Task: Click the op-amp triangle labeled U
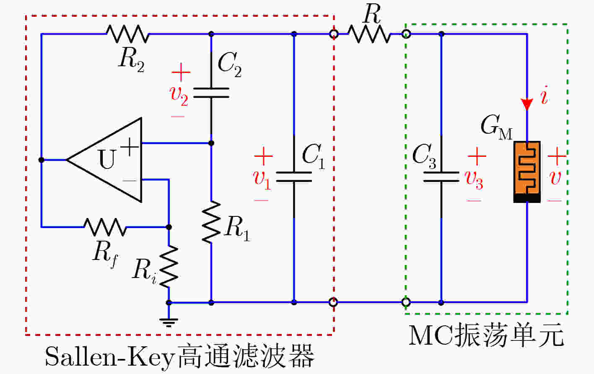109,160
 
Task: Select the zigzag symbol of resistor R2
127,34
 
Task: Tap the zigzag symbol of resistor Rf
105,227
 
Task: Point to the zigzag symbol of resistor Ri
169,267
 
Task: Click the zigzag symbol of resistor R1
211,222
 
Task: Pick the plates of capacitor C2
211,93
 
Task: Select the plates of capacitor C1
294,177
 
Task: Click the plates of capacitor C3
441,177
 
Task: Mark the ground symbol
169,322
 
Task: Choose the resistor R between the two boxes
369,34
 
